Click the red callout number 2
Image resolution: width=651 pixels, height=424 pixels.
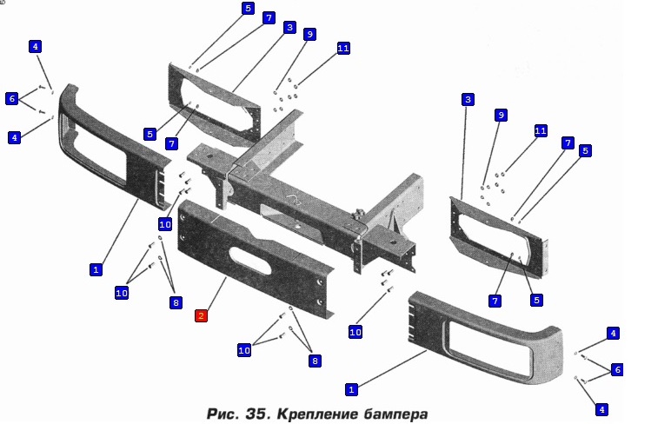[x=201, y=315]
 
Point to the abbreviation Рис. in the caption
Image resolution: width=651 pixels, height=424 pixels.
[x=222, y=410]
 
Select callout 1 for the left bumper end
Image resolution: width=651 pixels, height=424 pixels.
[x=96, y=269]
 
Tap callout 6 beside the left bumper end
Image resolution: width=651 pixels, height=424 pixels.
[x=12, y=99]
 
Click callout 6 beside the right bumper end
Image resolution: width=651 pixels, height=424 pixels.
[x=617, y=369]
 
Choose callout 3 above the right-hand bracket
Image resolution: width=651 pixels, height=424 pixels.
[x=468, y=100]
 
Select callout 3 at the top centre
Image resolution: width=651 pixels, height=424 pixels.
[x=289, y=28]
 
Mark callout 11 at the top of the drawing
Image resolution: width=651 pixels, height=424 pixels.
[x=342, y=49]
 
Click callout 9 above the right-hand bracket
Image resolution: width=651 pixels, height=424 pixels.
[x=500, y=115]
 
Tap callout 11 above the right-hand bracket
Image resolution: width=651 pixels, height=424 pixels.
[x=541, y=130]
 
